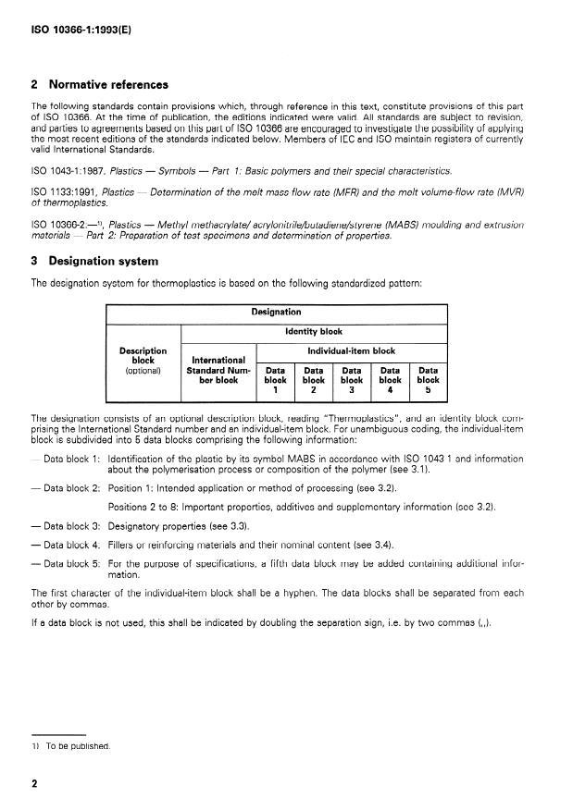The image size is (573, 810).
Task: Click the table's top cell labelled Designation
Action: coord(276,313)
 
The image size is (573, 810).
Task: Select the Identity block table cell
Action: coord(313,330)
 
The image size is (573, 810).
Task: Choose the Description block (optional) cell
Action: coord(143,361)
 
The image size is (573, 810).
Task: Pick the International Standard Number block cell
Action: coord(218,369)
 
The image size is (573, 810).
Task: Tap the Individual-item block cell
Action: coord(351,350)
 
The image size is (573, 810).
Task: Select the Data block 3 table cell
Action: coord(352,379)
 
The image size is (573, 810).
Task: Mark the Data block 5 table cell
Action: coord(428,379)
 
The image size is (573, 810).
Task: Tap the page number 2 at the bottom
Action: coord(34,784)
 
